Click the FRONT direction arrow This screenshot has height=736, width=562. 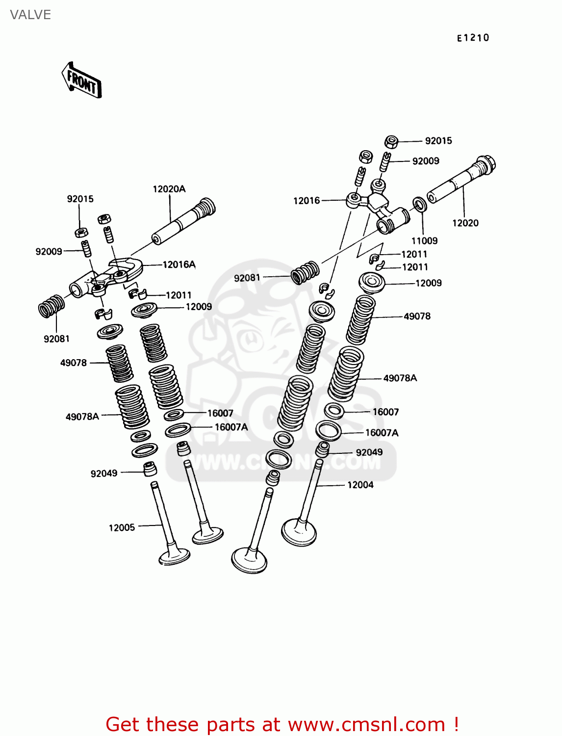click(81, 80)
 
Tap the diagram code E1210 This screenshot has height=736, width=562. click(473, 38)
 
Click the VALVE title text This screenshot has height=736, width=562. click(30, 15)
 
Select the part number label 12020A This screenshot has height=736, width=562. click(169, 189)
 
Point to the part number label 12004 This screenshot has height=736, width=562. click(360, 485)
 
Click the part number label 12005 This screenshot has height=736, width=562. click(122, 527)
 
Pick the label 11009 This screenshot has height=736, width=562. click(424, 240)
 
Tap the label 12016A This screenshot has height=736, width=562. click(179, 264)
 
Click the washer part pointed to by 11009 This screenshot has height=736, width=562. click(419, 203)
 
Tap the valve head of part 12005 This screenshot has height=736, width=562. click(175, 556)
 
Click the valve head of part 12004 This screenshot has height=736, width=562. click(299, 532)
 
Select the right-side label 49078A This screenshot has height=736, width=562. click(400, 378)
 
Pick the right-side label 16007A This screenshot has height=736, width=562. click(382, 433)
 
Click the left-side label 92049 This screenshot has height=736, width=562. click(104, 473)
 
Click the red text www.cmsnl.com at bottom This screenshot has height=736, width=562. click(366, 724)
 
